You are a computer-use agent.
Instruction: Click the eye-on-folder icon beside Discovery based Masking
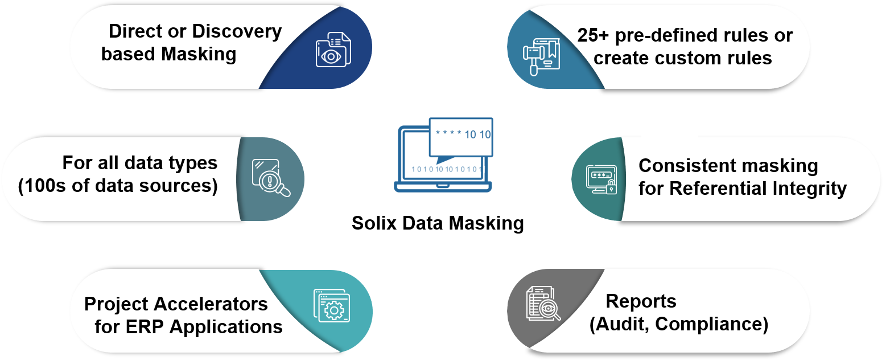click(x=333, y=50)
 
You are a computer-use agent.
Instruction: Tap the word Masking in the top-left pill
click(x=198, y=55)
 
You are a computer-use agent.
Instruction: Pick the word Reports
click(x=641, y=301)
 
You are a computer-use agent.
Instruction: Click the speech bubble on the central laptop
click(x=461, y=137)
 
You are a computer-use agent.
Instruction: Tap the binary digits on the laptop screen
click(x=446, y=169)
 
